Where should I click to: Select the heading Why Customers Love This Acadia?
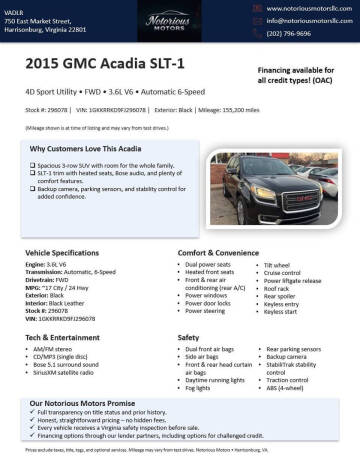[82, 148]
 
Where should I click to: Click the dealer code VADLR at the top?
[14, 8]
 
